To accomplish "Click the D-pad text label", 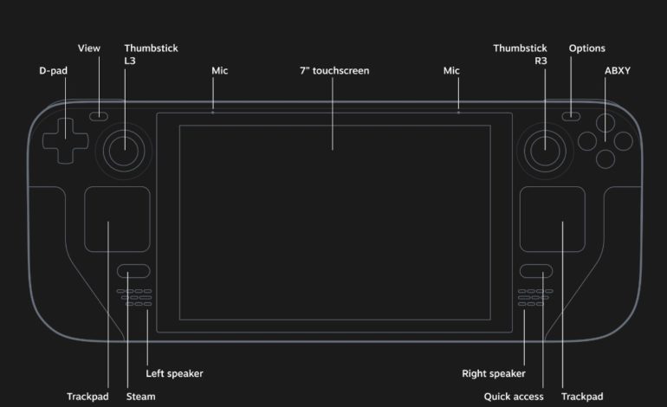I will coord(54,70).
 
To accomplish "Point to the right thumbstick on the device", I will coord(545,148).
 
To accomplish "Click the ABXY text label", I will coord(617,70).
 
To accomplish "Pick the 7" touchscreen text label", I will coord(334,70).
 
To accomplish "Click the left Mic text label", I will coord(220,70).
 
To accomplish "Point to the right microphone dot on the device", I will coord(458,112).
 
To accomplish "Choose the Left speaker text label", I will coord(174,373).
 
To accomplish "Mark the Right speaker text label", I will coord(493,373).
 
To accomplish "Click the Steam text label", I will coord(142,397).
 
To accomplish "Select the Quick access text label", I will coord(515,397).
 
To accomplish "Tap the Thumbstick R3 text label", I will coord(520,55).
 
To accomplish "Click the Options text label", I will coord(586,48).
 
